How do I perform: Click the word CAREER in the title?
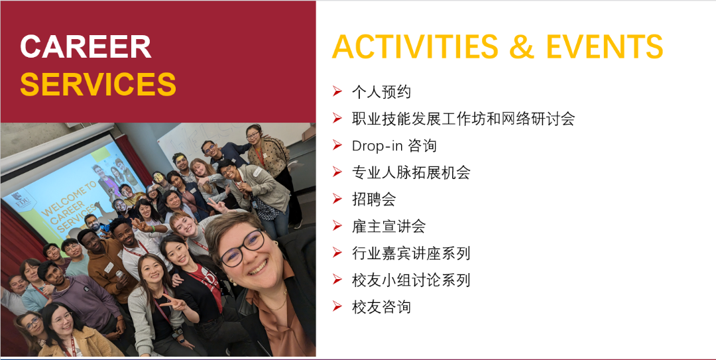pos(86,47)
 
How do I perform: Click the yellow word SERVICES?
pos(98,84)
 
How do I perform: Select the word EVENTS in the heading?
pos(604,47)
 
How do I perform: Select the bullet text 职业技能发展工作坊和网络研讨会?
pos(463,119)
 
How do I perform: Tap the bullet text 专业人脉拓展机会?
pos(411,172)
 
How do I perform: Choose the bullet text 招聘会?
pos(374,200)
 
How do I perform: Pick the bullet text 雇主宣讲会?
pos(388,226)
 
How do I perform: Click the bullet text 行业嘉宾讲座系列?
pos(411,253)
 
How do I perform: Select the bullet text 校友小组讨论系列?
pos(411,280)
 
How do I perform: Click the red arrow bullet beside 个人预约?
pos(337,91)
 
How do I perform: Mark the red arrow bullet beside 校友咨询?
pos(337,307)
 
